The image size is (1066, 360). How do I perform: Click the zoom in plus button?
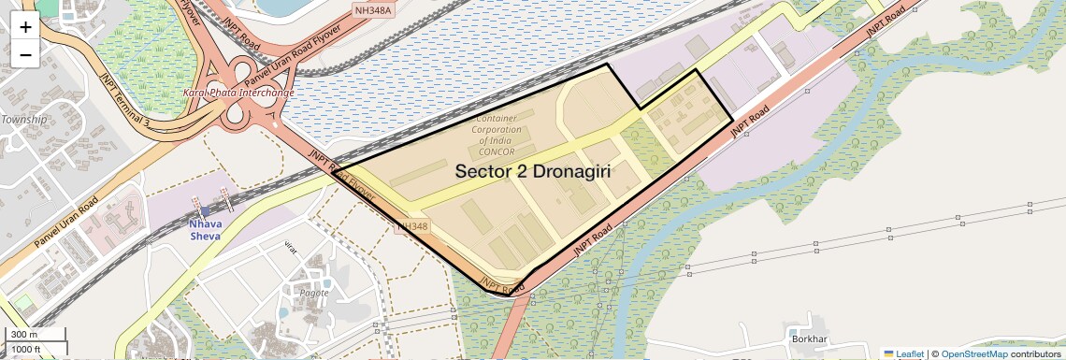tap(25, 27)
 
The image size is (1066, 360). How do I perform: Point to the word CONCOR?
tap(496, 151)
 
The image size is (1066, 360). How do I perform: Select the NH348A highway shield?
tap(374, 10)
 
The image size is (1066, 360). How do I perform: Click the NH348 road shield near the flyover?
tap(412, 226)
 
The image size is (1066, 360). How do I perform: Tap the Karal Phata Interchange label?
tap(239, 93)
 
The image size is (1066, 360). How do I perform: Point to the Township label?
tap(23, 120)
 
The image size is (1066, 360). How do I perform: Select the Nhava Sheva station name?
tap(204, 230)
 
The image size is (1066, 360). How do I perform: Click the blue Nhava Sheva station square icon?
tap(205, 211)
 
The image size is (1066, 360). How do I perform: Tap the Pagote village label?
tap(313, 293)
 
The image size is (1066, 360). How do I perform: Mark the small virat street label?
tap(295, 248)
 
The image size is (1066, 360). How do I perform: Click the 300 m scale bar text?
tap(24, 334)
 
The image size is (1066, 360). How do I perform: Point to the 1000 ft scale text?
tap(27, 349)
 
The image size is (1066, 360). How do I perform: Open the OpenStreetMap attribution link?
tap(973, 353)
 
